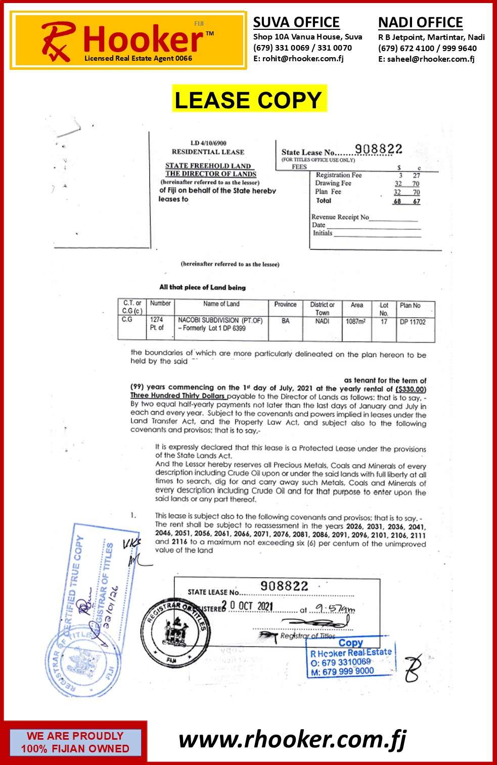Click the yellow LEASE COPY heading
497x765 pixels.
coord(248,99)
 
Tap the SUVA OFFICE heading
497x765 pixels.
coord(296,22)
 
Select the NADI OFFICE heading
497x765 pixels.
coord(420,23)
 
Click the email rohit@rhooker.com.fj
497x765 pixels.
coord(298,59)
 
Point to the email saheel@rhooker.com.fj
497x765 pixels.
coord(426,59)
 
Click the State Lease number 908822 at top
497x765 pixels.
coord(378,149)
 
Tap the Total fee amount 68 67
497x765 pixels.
coord(407,201)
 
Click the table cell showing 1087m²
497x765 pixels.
coord(356,321)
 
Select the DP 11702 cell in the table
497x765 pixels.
coord(413,322)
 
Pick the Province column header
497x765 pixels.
coord(285,305)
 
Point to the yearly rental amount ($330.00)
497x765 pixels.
coord(411,389)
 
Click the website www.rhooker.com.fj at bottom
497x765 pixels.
coord(292,740)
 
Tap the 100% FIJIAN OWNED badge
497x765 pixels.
coord(75,742)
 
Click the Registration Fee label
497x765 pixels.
coord(339,175)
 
